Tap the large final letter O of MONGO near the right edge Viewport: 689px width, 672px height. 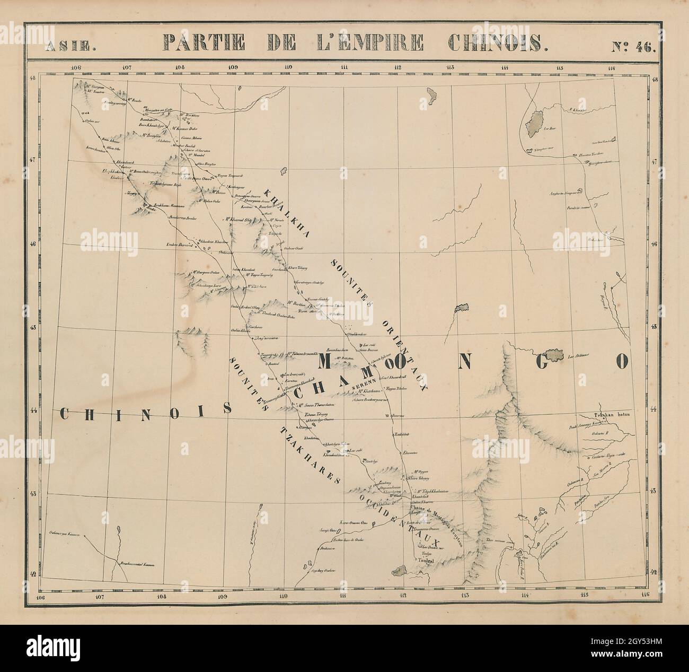pos(621,362)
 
